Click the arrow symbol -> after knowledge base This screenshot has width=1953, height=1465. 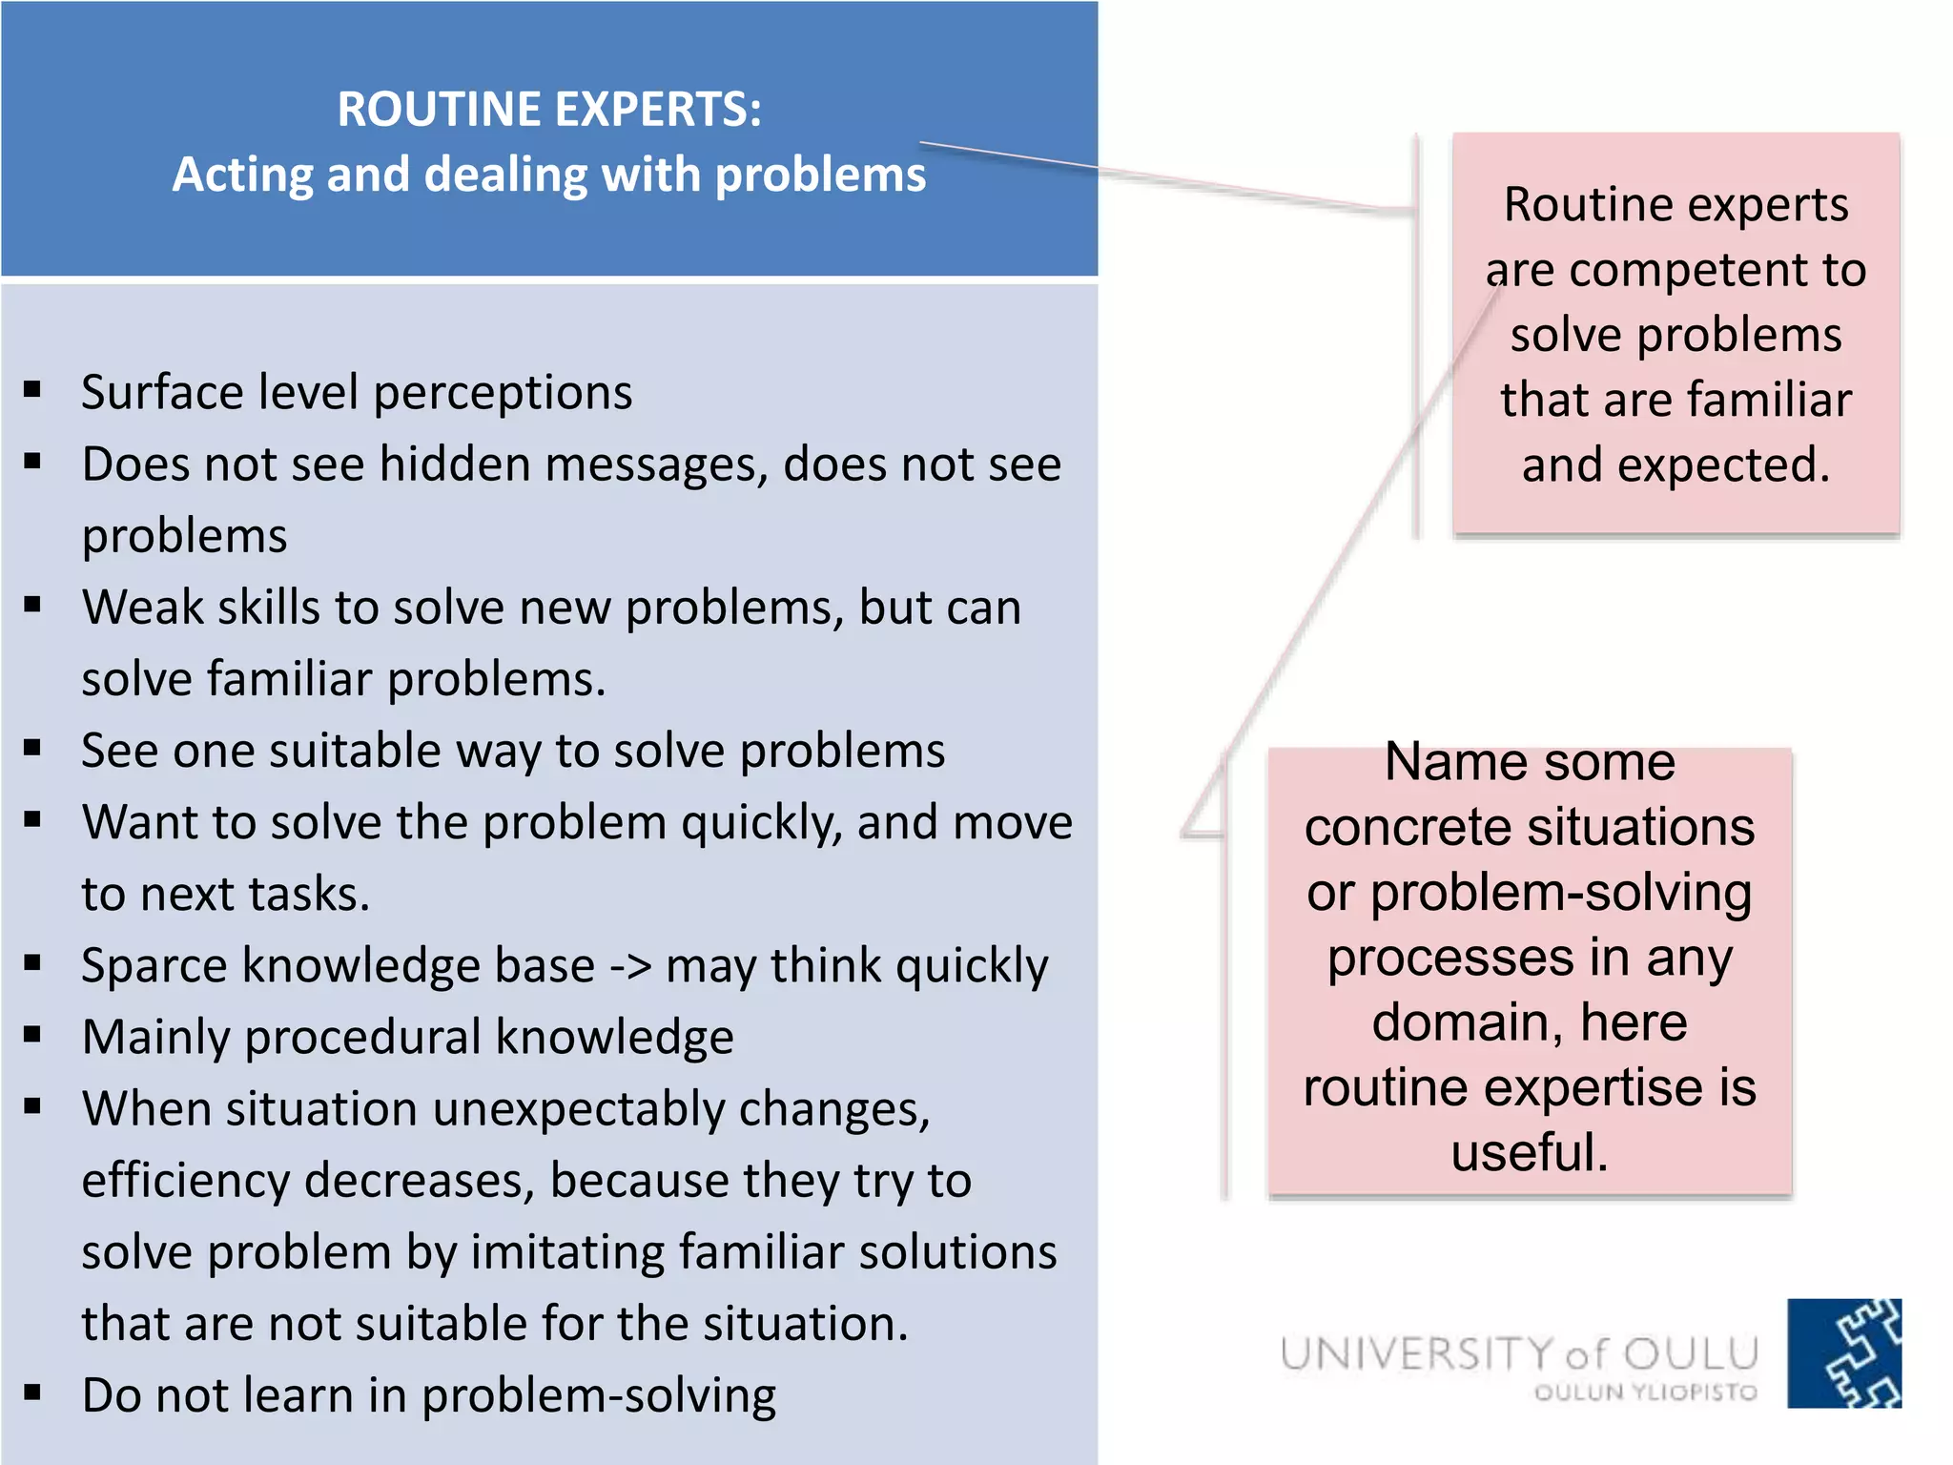[x=630, y=966]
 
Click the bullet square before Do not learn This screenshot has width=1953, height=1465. [x=33, y=1393]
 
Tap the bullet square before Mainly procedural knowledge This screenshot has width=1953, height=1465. [x=33, y=1035]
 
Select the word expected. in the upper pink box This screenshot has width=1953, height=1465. [x=1675, y=465]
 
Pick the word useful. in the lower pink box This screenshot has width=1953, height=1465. [x=1530, y=1152]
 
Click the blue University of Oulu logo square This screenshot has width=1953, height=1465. [x=1843, y=1352]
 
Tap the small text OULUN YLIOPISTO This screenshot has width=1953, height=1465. [x=1645, y=1393]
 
